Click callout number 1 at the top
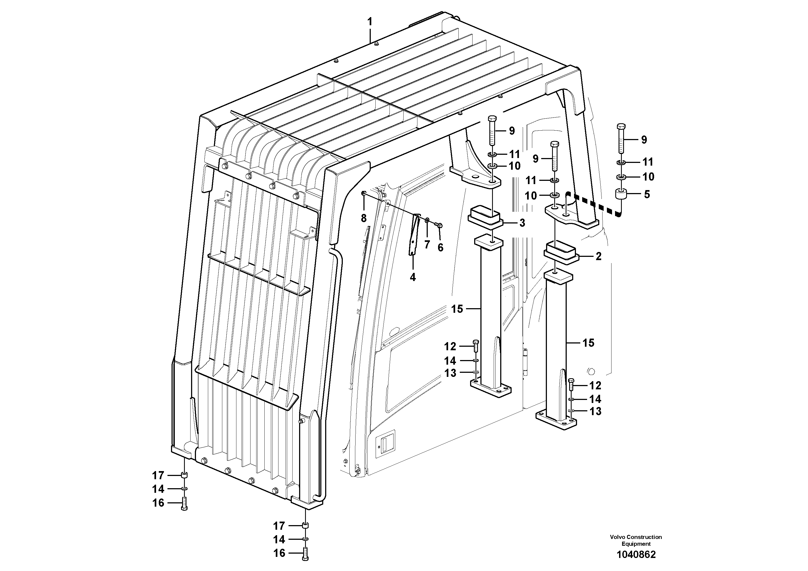point(369,22)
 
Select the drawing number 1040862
point(636,555)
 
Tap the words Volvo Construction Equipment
point(636,540)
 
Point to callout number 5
point(647,194)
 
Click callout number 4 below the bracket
point(413,277)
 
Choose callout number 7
point(427,244)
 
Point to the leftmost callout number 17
point(158,476)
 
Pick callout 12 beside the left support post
point(450,346)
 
